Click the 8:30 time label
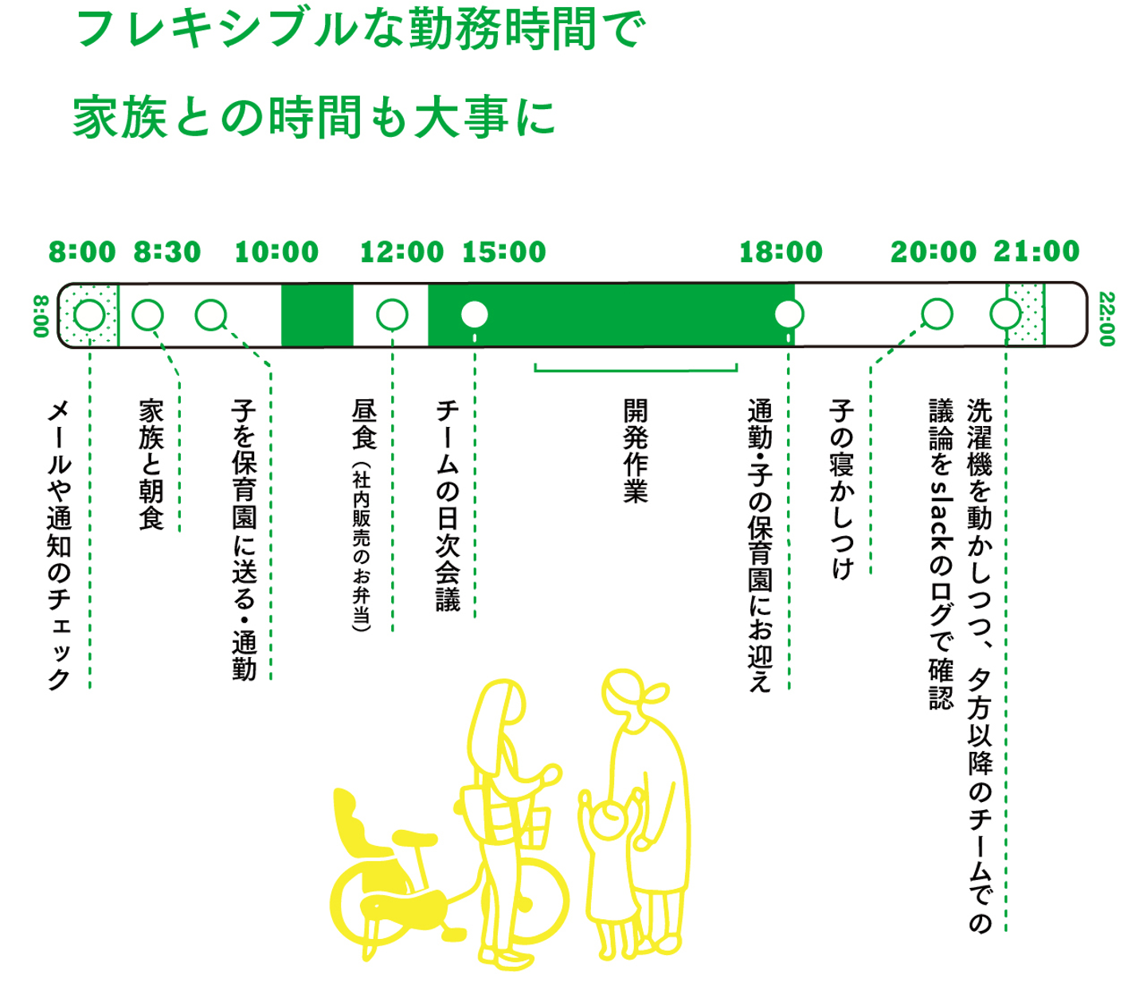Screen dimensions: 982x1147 click(x=167, y=252)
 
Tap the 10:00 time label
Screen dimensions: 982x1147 click(x=276, y=252)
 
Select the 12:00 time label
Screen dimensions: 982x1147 click(x=401, y=252)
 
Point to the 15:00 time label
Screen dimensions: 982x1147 click(x=504, y=252)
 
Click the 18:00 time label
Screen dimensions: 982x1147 click(x=781, y=252)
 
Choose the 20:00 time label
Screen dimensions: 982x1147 click(x=934, y=252)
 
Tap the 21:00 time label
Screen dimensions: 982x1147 click(x=1036, y=252)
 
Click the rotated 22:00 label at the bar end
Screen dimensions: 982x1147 click(x=1106, y=319)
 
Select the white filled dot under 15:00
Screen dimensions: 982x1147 click(x=475, y=315)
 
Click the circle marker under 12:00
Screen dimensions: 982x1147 click(x=392, y=315)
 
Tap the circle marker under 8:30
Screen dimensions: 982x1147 click(x=147, y=315)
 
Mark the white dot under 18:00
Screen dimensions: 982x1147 click(x=789, y=315)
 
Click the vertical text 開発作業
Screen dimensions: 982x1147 click(x=636, y=451)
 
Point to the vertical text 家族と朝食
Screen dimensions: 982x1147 click(x=151, y=464)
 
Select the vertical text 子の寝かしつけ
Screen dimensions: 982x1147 click(x=842, y=489)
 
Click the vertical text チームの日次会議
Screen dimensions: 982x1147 click(x=448, y=505)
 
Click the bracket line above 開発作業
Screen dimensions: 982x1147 click(x=636, y=370)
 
